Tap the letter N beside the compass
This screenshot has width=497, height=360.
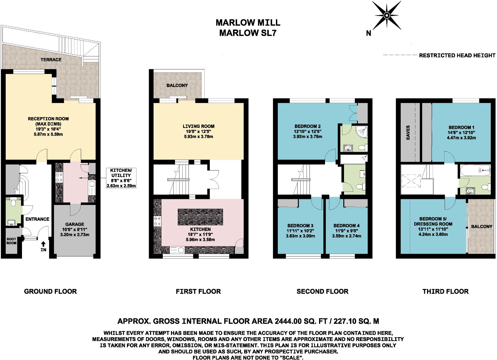pos(368,33)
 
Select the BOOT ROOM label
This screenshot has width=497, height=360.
pos(11,241)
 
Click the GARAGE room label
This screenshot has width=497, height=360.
pos(75,224)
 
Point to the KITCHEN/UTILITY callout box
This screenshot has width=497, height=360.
pos(121,178)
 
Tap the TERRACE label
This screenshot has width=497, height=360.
pos(51,60)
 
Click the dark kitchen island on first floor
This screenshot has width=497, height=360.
pos(200,217)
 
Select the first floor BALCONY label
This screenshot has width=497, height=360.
pos(177,85)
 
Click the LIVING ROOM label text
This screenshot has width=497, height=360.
pos(199,126)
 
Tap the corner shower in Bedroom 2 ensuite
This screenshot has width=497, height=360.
pos(362,131)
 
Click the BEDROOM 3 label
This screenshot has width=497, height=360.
pos(300,226)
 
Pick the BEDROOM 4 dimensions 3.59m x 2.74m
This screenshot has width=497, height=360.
pos(346,236)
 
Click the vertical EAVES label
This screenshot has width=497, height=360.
pos(408,132)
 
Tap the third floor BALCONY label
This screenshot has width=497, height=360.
pos(482,226)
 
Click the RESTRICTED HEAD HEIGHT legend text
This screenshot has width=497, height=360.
pos(457,56)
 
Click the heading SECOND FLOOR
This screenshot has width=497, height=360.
pos(322,291)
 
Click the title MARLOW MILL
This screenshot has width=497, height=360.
pos(248,22)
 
